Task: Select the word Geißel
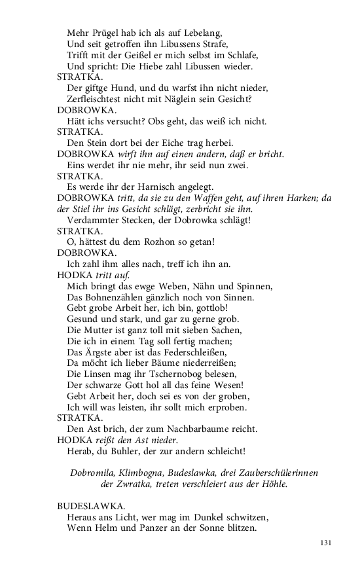[134, 54]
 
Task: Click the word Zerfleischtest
[97, 99]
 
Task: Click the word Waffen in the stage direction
[217, 198]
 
